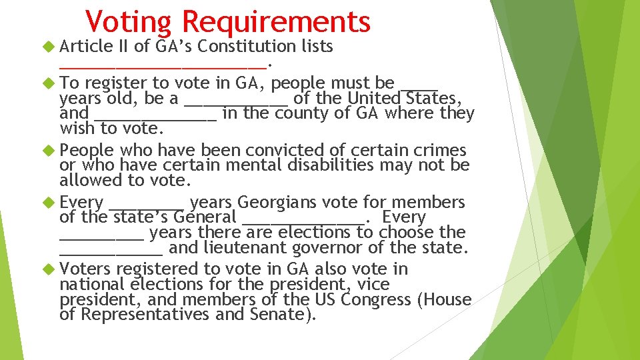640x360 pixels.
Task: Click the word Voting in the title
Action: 128,21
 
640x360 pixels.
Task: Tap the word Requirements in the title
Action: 275,21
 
